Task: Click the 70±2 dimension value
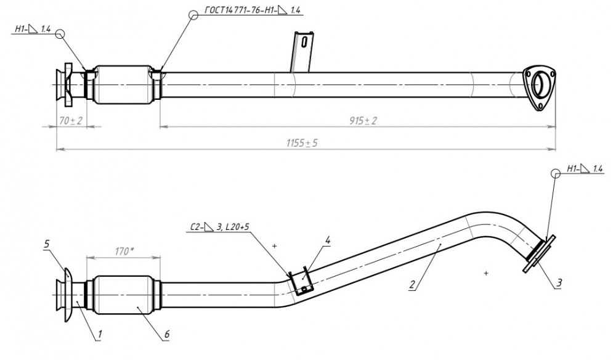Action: pos(71,121)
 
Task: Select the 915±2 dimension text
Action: pos(363,121)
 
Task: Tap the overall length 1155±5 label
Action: pos(302,143)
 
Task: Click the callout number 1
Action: pos(100,335)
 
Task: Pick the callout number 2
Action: pos(412,284)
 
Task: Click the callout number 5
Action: pos(47,244)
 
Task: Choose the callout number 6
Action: pos(166,335)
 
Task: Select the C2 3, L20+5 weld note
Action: pos(220,227)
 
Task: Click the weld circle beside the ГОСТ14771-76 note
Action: pos(193,15)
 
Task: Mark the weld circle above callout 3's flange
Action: pos(556,173)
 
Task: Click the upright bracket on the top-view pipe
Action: pos(302,52)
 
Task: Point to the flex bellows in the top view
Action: pos(123,85)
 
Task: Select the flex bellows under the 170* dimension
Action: pos(123,295)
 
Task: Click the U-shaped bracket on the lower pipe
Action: pos(301,281)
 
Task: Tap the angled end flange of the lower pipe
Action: pos(540,253)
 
